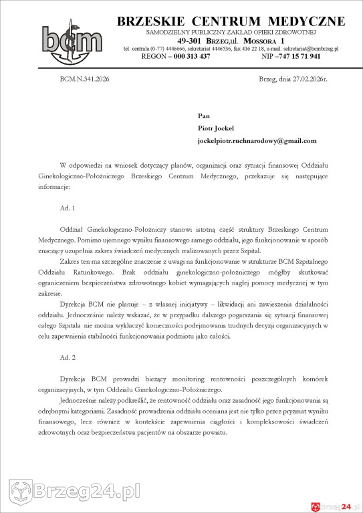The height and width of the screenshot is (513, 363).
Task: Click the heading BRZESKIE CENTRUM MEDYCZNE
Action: [x=231, y=21]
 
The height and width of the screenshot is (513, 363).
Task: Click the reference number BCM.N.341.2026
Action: [x=84, y=79]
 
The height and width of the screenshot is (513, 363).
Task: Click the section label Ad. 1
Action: [x=68, y=208]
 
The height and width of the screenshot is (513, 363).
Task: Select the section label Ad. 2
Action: [x=68, y=359]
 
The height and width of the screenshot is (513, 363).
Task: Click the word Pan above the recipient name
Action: [x=204, y=116]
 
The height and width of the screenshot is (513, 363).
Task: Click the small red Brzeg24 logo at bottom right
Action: [x=332, y=506]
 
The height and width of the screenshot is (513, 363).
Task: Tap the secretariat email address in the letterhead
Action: [x=311, y=49]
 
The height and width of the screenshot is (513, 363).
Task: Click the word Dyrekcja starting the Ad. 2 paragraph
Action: [x=75, y=378]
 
